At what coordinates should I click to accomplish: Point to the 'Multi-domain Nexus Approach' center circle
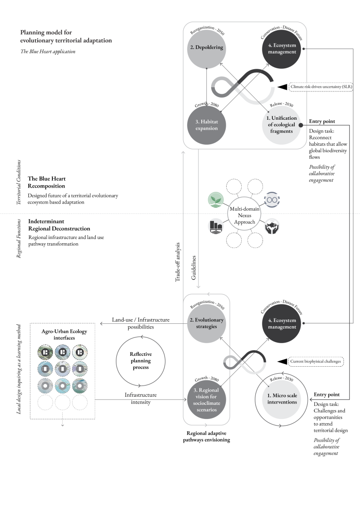[245, 212]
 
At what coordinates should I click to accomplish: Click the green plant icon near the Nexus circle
[215, 198]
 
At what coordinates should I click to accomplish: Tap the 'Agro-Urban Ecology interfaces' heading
[62, 334]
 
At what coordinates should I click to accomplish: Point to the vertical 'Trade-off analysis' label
[178, 262]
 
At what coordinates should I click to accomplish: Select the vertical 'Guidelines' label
[194, 269]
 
